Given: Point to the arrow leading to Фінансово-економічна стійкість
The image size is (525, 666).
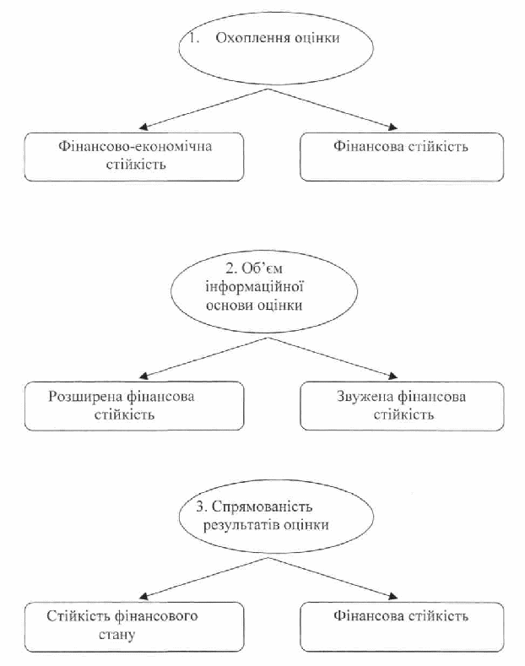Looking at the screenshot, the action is (204, 108).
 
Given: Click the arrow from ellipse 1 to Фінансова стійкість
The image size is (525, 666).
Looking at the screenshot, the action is (333, 108).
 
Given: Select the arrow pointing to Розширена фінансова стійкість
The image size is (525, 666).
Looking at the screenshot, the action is (204, 358).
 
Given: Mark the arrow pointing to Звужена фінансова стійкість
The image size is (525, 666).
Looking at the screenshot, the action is (333, 358).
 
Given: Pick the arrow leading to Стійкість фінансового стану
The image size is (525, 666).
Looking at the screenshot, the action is (204, 578).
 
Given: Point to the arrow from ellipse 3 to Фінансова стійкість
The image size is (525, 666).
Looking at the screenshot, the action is (333, 578).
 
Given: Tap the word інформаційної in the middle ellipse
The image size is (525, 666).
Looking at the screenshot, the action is (254, 287).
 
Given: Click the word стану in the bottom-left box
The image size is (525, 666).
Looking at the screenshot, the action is (116, 635).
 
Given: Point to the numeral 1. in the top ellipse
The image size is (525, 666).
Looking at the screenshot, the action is (194, 38).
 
